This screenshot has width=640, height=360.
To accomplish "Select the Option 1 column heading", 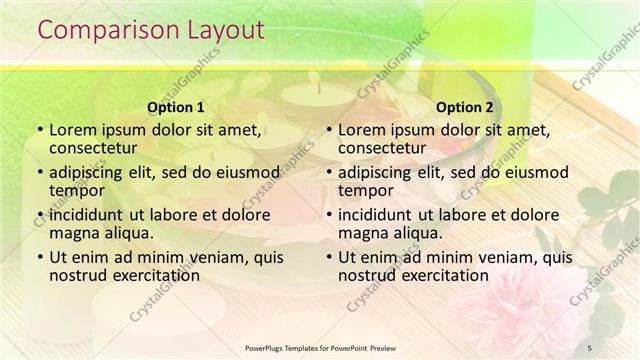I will click(x=176, y=107).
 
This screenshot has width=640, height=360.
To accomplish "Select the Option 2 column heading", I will click(x=465, y=107).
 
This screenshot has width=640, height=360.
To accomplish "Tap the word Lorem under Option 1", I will click(x=73, y=130).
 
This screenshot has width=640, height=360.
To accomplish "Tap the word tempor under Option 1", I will click(x=77, y=191).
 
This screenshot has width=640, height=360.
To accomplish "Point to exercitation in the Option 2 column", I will click(x=440, y=275).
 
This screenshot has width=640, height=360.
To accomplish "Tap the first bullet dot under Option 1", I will click(x=39, y=131).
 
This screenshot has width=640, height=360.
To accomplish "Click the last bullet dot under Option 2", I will click(x=328, y=257).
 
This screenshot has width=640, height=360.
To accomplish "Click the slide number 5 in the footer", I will click(x=589, y=347).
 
